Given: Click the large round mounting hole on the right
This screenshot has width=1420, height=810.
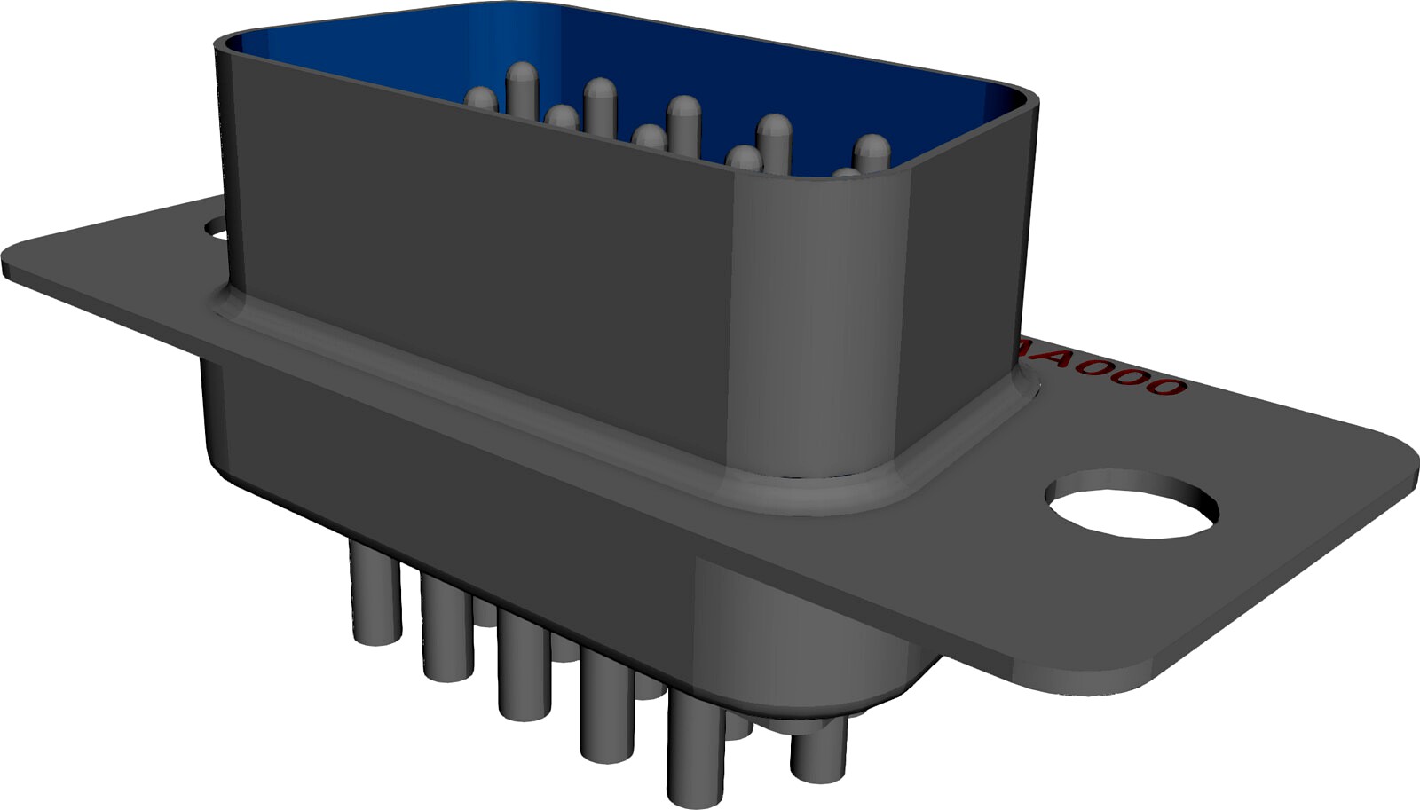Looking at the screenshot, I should [x=1130, y=503].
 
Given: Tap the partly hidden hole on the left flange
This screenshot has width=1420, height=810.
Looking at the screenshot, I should [x=216, y=229].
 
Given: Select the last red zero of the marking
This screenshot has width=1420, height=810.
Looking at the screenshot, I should [x=1160, y=385].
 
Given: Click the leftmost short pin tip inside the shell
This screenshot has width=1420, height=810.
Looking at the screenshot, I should [x=482, y=98].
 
